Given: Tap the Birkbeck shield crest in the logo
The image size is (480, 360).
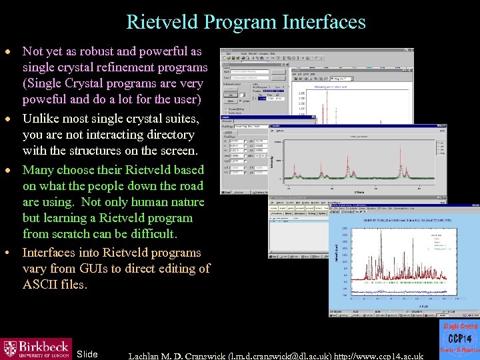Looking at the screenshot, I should tap(10, 348).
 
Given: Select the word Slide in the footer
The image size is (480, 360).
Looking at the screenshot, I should tap(87, 353).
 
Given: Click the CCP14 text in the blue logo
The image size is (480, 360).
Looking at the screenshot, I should tap(459, 339).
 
